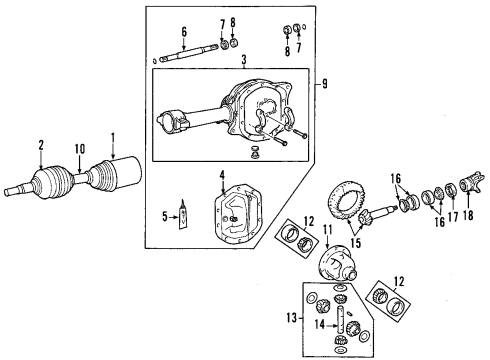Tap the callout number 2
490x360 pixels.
click(40, 145)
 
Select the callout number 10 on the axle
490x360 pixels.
click(76, 152)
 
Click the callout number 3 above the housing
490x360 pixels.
click(229, 62)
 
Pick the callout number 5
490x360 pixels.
click(184, 31)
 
